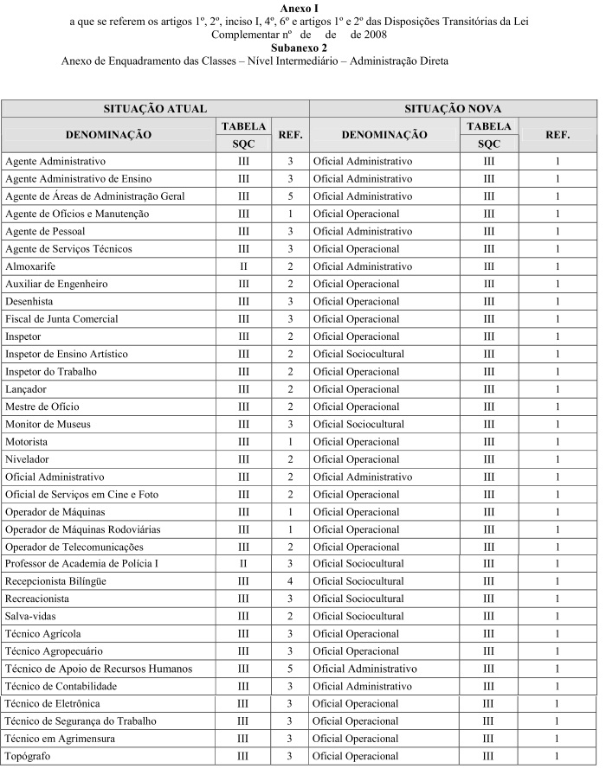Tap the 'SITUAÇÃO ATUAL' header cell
point(155,109)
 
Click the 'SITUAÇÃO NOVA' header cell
point(453,109)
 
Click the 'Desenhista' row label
point(29,301)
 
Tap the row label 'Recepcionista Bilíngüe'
point(55,581)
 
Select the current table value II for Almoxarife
point(243,266)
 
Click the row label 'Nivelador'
point(27,459)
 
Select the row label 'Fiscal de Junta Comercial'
point(61,319)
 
